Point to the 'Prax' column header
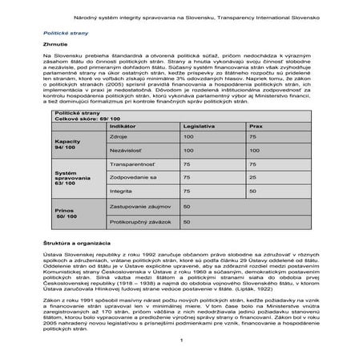pyautogui.click(x=254, y=127)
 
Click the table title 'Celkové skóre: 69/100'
pyautogui.click(x=83, y=119)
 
